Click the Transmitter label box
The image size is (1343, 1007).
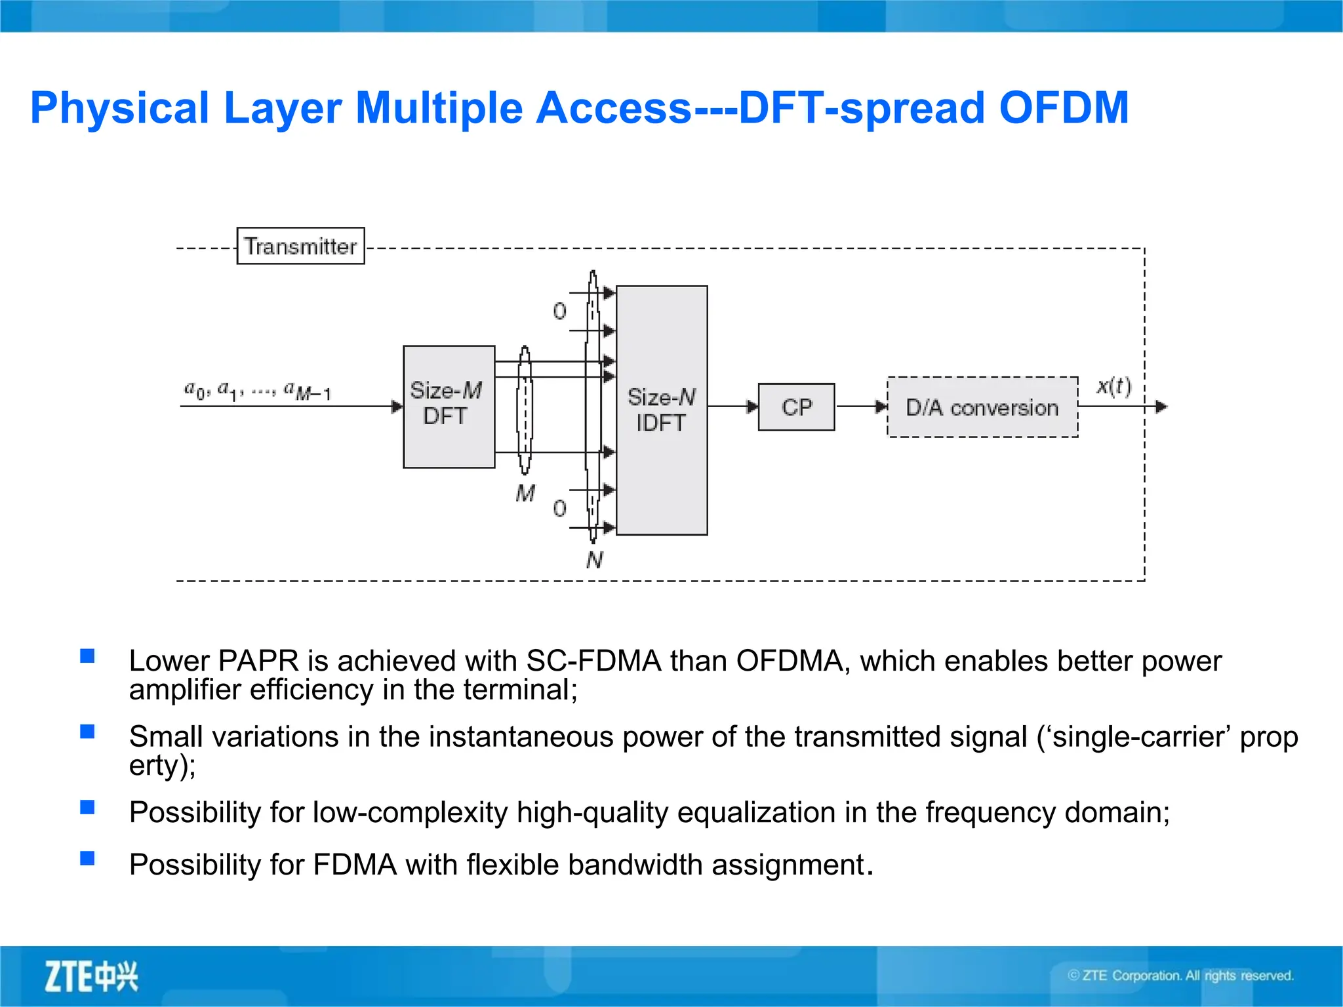[300, 246]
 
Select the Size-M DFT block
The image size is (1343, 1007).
[449, 406]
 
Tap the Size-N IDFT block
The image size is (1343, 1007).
[661, 410]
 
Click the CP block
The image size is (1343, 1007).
[796, 407]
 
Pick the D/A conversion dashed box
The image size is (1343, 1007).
[982, 407]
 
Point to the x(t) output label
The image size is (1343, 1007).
[1113, 385]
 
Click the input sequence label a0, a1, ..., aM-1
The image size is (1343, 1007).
[257, 391]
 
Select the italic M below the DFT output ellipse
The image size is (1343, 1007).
[525, 493]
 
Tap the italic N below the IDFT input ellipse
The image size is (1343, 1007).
[594, 560]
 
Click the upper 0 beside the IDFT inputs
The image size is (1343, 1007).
[559, 311]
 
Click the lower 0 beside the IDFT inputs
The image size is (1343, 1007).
[559, 508]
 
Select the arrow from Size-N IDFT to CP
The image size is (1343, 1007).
[733, 406]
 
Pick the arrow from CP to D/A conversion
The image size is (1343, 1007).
[861, 406]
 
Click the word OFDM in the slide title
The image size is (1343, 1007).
[1063, 108]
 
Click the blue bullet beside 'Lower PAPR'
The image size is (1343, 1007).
[87, 656]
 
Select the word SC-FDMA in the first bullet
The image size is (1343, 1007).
[593, 661]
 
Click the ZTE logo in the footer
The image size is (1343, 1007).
[91, 976]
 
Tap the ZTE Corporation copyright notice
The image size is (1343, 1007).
[1180, 976]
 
